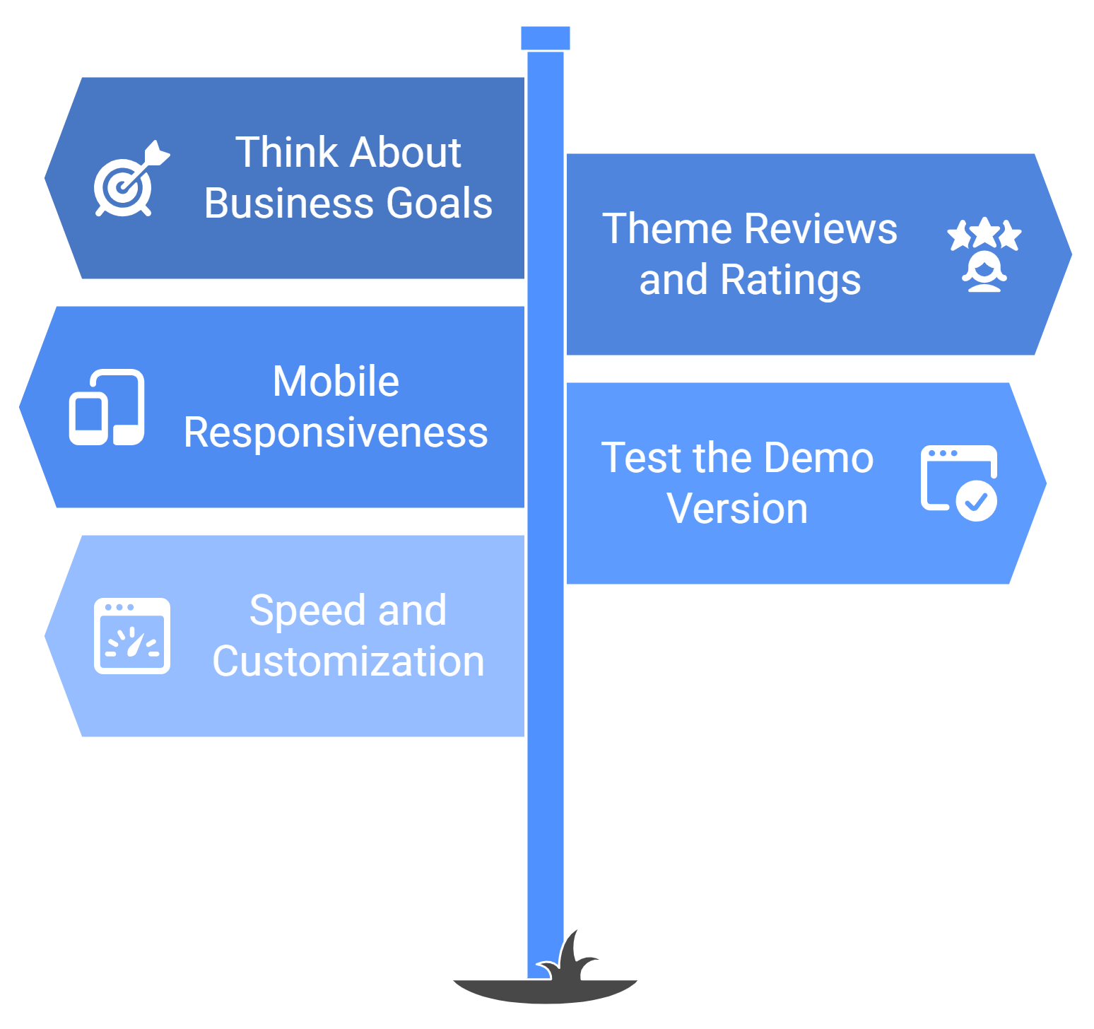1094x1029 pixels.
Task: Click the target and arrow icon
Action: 131,180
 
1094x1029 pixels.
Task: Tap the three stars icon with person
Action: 984,254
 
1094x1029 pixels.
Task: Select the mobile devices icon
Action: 107,407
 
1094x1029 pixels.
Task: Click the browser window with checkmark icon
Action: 959,483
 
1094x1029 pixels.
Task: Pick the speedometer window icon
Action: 132,635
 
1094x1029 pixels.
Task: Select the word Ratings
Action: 790,280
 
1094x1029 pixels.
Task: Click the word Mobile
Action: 336,382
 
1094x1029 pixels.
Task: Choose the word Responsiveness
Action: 336,433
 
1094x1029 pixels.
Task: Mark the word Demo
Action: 818,458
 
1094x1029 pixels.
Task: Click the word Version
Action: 737,509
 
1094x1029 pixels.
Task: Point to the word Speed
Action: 308,611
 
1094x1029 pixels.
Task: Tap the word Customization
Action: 348,661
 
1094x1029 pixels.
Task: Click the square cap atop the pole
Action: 545,38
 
